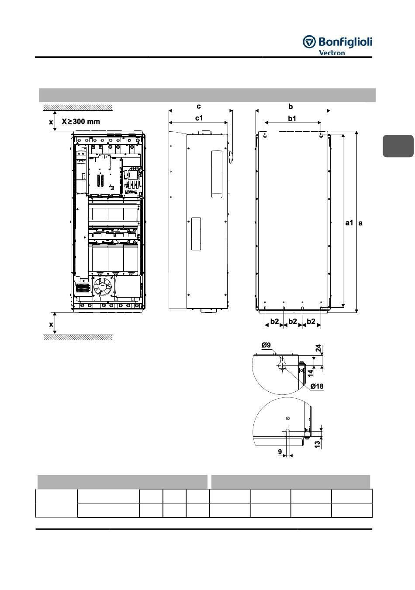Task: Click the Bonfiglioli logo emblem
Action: pos(309,42)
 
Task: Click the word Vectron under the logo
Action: pos(332,53)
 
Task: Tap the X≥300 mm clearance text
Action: pos(81,121)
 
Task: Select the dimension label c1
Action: pos(199,118)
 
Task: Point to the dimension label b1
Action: pos(292,119)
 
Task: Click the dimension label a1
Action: pos(349,223)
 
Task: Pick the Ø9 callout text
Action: pos(266,345)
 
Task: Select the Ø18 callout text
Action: pos(317,386)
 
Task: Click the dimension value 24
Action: pos(318,348)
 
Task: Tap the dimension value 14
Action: pos(311,372)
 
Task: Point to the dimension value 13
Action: pos(318,444)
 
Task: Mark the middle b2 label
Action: pos(293,321)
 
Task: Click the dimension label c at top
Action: pos(199,106)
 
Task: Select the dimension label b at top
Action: pos(290,106)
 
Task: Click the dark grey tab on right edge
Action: pos(398,146)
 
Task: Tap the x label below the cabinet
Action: pos(51,324)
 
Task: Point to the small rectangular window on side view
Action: pos(196,234)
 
